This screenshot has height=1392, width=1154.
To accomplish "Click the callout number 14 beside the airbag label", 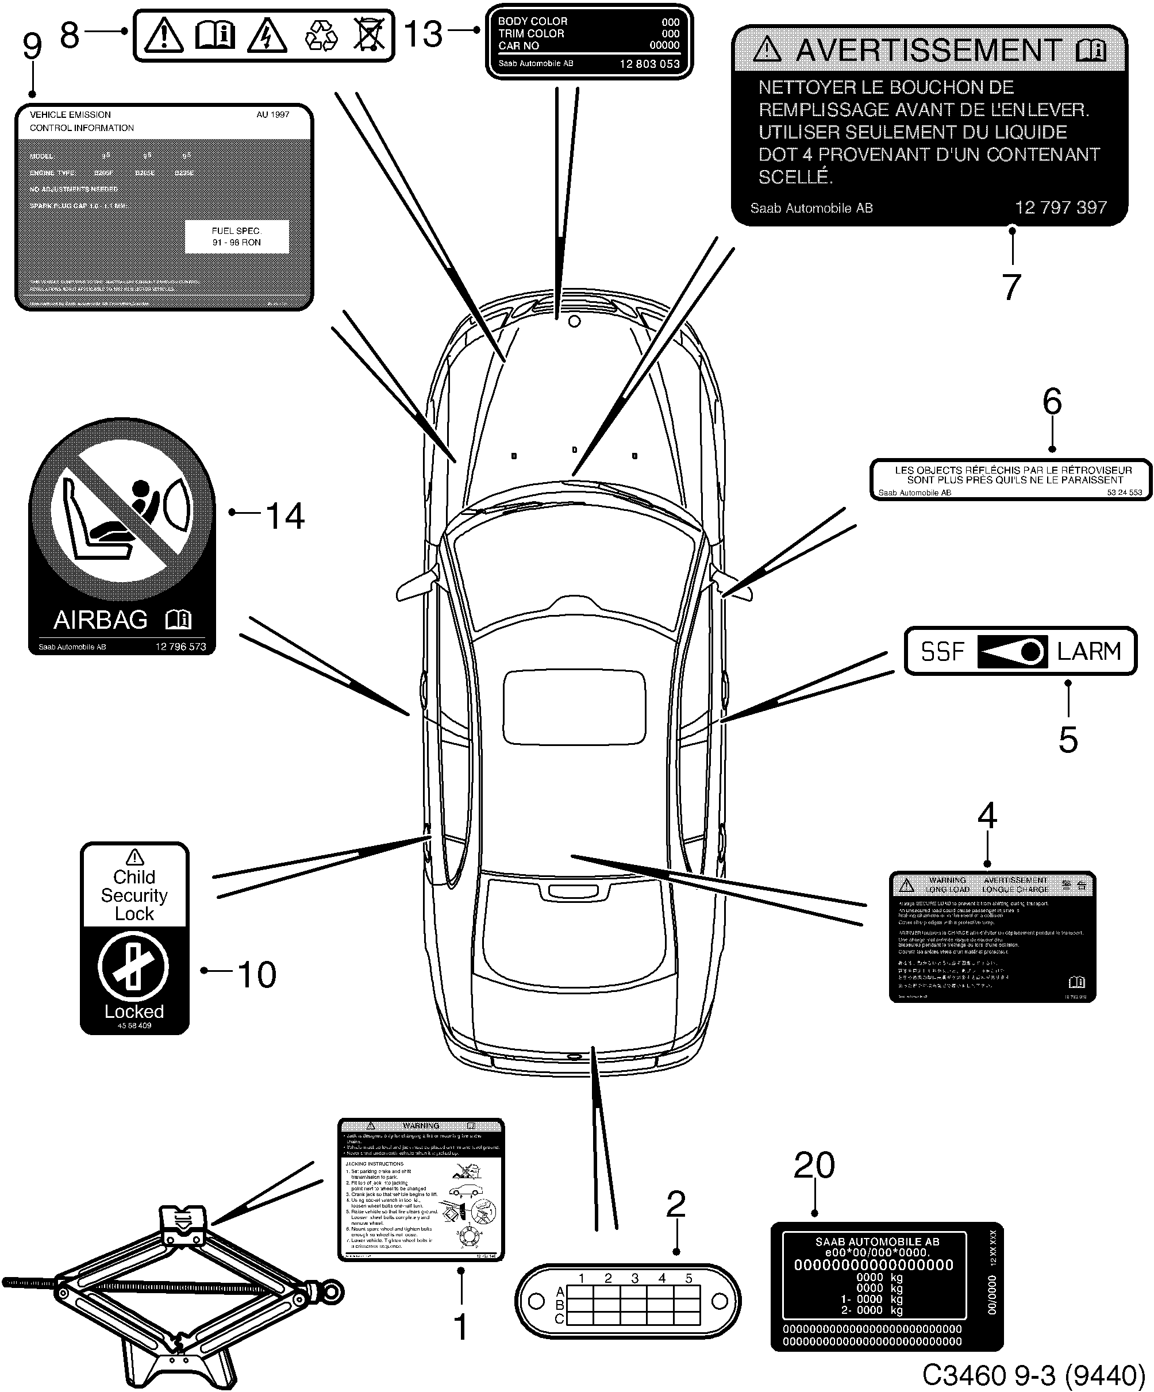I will (x=285, y=516).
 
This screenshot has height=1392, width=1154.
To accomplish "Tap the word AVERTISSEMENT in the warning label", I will (x=928, y=51).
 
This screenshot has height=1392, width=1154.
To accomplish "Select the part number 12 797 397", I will (x=1060, y=207).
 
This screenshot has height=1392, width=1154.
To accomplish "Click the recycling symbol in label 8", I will (x=321, y=36).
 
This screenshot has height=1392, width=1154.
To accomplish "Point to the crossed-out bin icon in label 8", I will (x=368, y=35).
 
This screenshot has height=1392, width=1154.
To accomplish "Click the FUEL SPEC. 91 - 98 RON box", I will (x=237, y=237).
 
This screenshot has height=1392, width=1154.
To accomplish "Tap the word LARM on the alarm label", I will (x=1089, y=652).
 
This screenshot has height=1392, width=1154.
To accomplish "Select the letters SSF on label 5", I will (x=942, y=652).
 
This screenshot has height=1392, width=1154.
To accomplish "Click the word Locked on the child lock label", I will (x=134, y=1012).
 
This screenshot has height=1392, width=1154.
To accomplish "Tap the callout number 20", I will (x=814, y=1166).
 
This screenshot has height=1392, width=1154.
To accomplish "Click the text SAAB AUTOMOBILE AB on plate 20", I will (x=877, y=1241).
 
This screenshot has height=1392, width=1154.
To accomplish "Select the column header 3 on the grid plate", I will (x=634, y=1278).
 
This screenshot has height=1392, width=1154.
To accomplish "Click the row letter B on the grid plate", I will (x=559, y=1305).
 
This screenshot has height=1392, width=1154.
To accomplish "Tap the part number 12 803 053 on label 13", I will (x=649, y=64).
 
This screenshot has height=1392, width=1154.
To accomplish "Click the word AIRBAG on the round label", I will (x=101, y=620).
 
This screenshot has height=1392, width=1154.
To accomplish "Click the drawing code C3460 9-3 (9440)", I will (x=1033, y=1375).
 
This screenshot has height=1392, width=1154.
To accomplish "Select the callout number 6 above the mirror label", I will (x=1052, y=402).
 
